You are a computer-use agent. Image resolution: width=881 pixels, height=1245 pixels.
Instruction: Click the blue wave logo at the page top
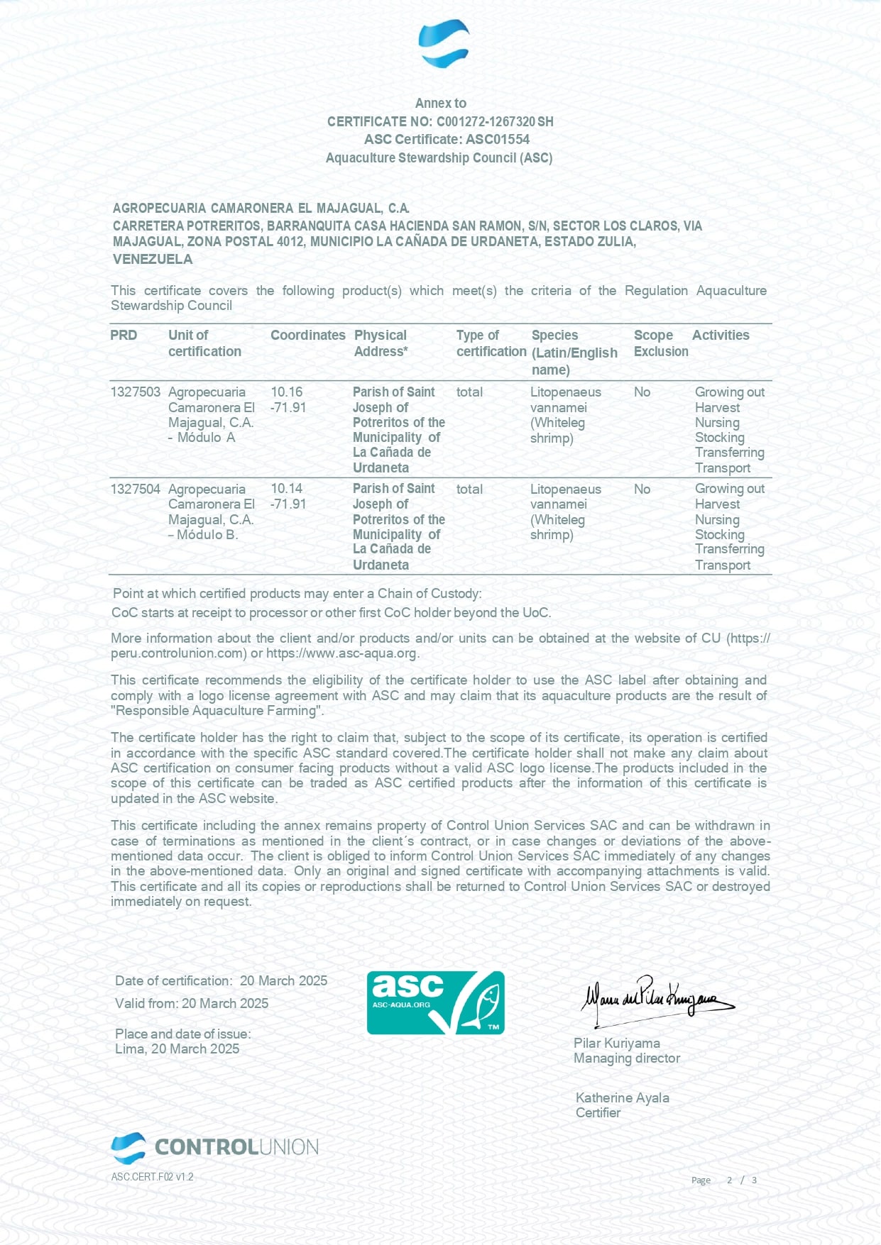click(x=444, y=43)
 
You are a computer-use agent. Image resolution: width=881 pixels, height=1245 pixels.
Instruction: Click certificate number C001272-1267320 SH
click(x=495, y=121)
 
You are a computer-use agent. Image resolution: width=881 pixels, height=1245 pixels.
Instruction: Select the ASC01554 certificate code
click(x=498, y=139)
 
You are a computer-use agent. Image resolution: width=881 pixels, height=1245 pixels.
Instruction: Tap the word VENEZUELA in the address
click(x=153, y=259)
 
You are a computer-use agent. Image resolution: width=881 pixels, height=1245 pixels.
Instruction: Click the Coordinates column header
click(x=307, y=335)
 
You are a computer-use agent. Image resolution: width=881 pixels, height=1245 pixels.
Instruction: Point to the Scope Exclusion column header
click(x=660, y=343)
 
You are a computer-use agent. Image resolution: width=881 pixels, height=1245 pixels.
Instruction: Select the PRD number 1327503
click(x=135, y=392)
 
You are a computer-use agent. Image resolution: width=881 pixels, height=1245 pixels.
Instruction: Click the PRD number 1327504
click(x=135, y=489)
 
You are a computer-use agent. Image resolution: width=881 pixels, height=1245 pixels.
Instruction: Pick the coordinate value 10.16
click(x=287, y=392)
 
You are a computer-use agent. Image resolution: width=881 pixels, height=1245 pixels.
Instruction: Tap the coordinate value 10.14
click(x=287, y=489)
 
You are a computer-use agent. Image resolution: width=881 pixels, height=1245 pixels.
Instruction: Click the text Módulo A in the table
click(x=206, y=438)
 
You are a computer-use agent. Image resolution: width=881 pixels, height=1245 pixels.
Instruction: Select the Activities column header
click(x=721, y=335)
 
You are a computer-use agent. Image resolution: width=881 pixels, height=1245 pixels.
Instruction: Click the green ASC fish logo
click(x=435, y=1002)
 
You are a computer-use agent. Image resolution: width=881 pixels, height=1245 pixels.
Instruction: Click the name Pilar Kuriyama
click(x=616, y=1043)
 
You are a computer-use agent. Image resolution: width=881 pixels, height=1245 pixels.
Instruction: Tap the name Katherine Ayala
click(x=622, y=1097)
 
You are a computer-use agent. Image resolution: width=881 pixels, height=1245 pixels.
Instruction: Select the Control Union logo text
click(x=236, y=1147)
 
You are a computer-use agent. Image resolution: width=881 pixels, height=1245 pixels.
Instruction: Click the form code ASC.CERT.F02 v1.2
click(x=152, y=1177)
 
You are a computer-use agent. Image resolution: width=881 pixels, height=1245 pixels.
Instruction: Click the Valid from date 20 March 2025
click(x=225, y=1003)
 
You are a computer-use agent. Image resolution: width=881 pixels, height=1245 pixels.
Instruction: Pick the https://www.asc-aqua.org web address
click(x=341, y=653)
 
